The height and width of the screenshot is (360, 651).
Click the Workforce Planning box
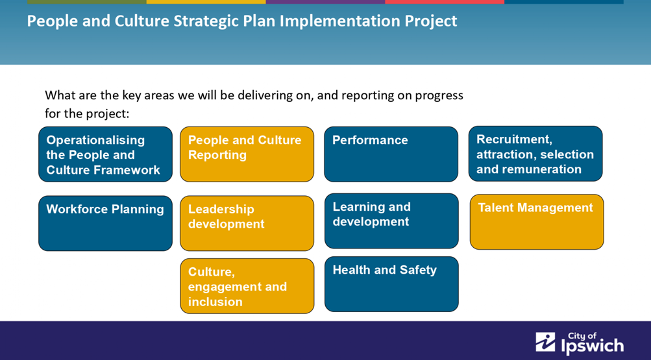105,223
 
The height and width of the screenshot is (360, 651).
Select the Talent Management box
537,222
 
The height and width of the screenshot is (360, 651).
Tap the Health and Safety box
391,284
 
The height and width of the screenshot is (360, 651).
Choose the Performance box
391,154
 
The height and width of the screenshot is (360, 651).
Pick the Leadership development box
247,223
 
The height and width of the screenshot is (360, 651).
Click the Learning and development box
391,221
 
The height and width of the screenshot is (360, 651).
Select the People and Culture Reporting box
247,154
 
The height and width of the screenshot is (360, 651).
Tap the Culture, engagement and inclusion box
247,286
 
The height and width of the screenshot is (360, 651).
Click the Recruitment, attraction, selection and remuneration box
535,154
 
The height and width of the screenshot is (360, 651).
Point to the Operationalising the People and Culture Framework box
105,154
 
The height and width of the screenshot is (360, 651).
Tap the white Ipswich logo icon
545,342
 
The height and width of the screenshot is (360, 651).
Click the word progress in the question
439,96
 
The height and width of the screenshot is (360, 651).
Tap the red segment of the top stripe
445,2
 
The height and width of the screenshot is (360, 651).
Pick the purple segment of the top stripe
326,2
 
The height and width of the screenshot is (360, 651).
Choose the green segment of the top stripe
87,2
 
